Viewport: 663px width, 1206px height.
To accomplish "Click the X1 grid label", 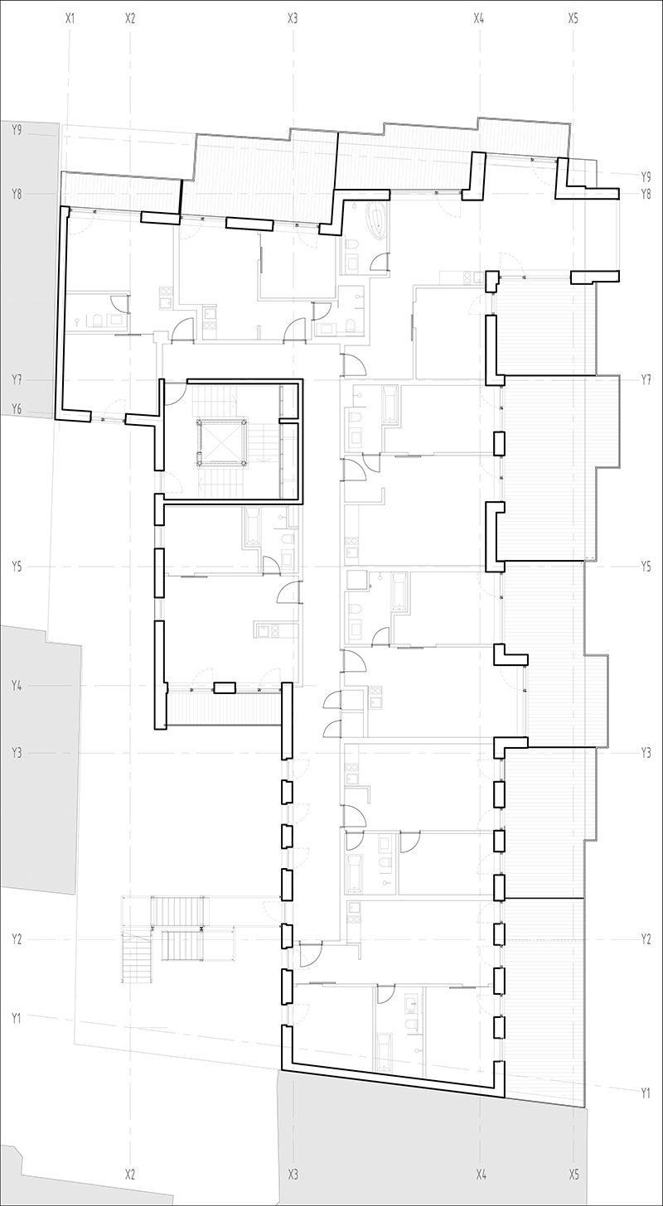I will tap(70, 17).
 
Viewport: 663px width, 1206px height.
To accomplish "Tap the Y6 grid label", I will tap(17, 408).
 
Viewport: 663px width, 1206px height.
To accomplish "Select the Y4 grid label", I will tap(17, 686).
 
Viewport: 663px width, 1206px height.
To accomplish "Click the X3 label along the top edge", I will tap(293, 17).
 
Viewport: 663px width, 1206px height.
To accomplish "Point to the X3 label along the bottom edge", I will tap(293, 1175).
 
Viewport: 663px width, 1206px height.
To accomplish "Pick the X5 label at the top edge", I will tap(573, 17).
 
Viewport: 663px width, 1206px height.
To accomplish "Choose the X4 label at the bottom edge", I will tap(481, 1175).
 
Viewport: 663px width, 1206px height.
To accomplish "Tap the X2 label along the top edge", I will tap(130, 17).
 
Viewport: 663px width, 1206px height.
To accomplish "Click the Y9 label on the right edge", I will tap(646, 176).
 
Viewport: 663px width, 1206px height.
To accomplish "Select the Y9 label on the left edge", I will tap(17, 130).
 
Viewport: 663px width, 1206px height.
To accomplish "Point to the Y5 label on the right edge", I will tap(646, 567).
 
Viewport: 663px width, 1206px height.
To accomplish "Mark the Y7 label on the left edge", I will tap(17, 379).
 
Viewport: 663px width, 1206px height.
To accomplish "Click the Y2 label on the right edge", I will tap(646, 939).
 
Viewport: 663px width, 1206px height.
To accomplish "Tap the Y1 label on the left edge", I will tap(17, 1016).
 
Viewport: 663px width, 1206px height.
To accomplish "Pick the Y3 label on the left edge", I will tap(17, 753).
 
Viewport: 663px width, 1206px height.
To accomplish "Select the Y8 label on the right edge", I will tap(646, 194).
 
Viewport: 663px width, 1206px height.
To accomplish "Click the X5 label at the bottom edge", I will tap(573, 1175).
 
